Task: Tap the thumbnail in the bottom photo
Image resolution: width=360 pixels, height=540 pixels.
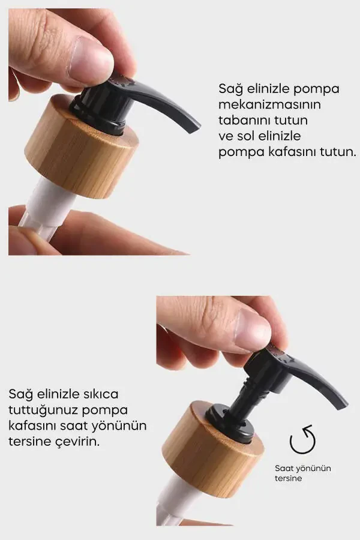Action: (252, 329)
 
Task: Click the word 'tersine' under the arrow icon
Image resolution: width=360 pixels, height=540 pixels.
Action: (289, 478)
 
